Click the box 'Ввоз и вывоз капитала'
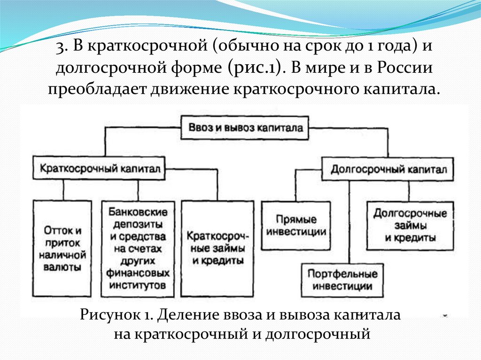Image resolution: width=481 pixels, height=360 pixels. (x=246, y=127)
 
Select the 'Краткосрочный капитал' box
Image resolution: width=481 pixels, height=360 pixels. (x=100, y=168)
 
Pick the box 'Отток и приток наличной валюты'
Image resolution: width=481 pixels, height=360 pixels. (x=62, y=248)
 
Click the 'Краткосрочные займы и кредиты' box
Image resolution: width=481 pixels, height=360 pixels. (x=218, y=248)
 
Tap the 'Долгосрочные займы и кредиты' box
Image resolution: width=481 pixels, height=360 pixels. (x=410, y=225)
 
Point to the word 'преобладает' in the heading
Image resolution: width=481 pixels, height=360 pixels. (x=97, y=89)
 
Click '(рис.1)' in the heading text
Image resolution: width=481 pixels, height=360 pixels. (x=257, y=68)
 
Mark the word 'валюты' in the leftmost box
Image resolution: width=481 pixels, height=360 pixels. (x=62, y=267)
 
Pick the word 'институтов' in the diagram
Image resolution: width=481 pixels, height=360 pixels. (x=137, y=284)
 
